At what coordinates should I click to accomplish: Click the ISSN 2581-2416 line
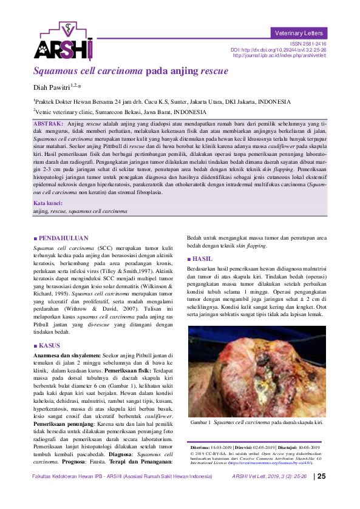pyautogui.click(x=308, y=44)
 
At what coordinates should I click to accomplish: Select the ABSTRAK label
pyautogui.click(x=49, y=124)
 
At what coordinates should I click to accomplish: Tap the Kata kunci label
pyautogui.click(x=47, y=203)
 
